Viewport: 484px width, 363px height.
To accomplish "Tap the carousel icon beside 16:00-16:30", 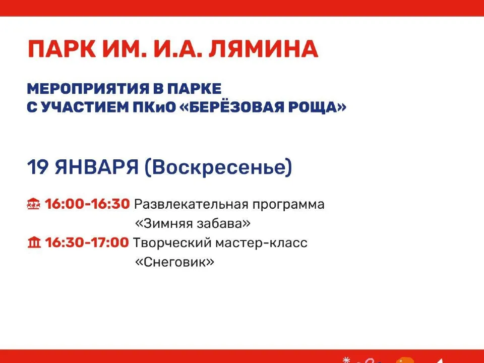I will tap(33, 205).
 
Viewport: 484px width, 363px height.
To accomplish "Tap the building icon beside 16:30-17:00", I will tap(33, 243).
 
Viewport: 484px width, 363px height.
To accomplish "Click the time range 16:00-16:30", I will tap(88, 205).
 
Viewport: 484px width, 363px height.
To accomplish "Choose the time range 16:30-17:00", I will tap(87, 243).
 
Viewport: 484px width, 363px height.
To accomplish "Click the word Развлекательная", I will tap(197, 205).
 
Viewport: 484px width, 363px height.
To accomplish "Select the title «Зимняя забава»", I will tap(193, 223).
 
